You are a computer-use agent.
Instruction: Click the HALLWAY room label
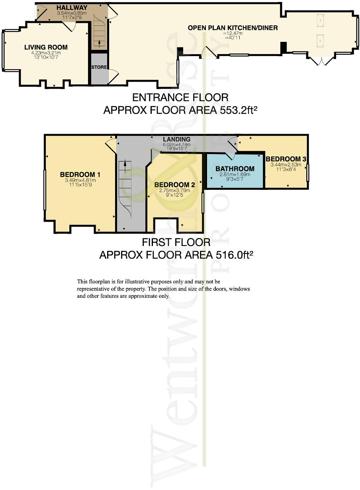point(66,8)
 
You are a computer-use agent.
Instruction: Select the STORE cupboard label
point(99,67)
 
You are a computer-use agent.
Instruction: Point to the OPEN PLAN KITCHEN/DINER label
point(233,28)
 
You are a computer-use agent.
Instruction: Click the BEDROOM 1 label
point(80,174)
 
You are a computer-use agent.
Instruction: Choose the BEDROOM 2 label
point(174,185)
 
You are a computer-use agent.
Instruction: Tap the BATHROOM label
point(235,169)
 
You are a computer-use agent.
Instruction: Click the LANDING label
point(177,139)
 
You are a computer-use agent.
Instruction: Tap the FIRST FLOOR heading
point(176,242)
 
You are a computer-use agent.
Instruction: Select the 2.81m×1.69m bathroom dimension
point(235,174)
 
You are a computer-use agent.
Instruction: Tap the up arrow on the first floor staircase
point(125,164)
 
